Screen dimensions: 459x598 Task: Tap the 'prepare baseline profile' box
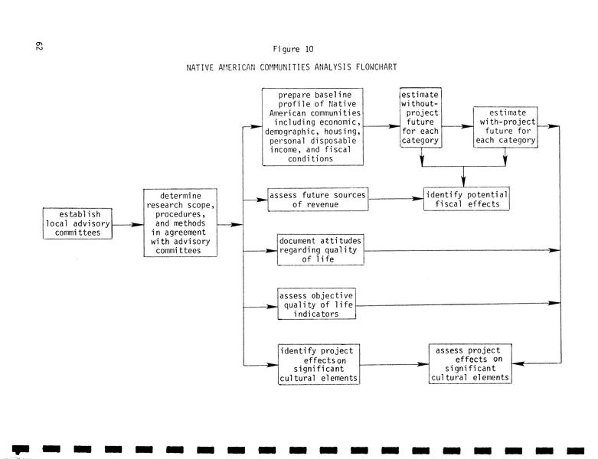point(312,127)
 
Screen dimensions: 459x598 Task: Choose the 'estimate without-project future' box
point(420,118)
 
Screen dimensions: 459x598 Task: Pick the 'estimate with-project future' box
point(505,125)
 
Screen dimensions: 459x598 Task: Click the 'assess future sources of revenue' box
point(318,199)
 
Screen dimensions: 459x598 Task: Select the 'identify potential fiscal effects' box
point(466,199)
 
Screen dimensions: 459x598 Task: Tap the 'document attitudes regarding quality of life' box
point(320,250)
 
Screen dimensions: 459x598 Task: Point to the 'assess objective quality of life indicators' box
point(316,304)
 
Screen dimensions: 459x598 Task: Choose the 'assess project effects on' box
point(470,364)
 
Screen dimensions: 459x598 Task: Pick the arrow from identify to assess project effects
point(395,365)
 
